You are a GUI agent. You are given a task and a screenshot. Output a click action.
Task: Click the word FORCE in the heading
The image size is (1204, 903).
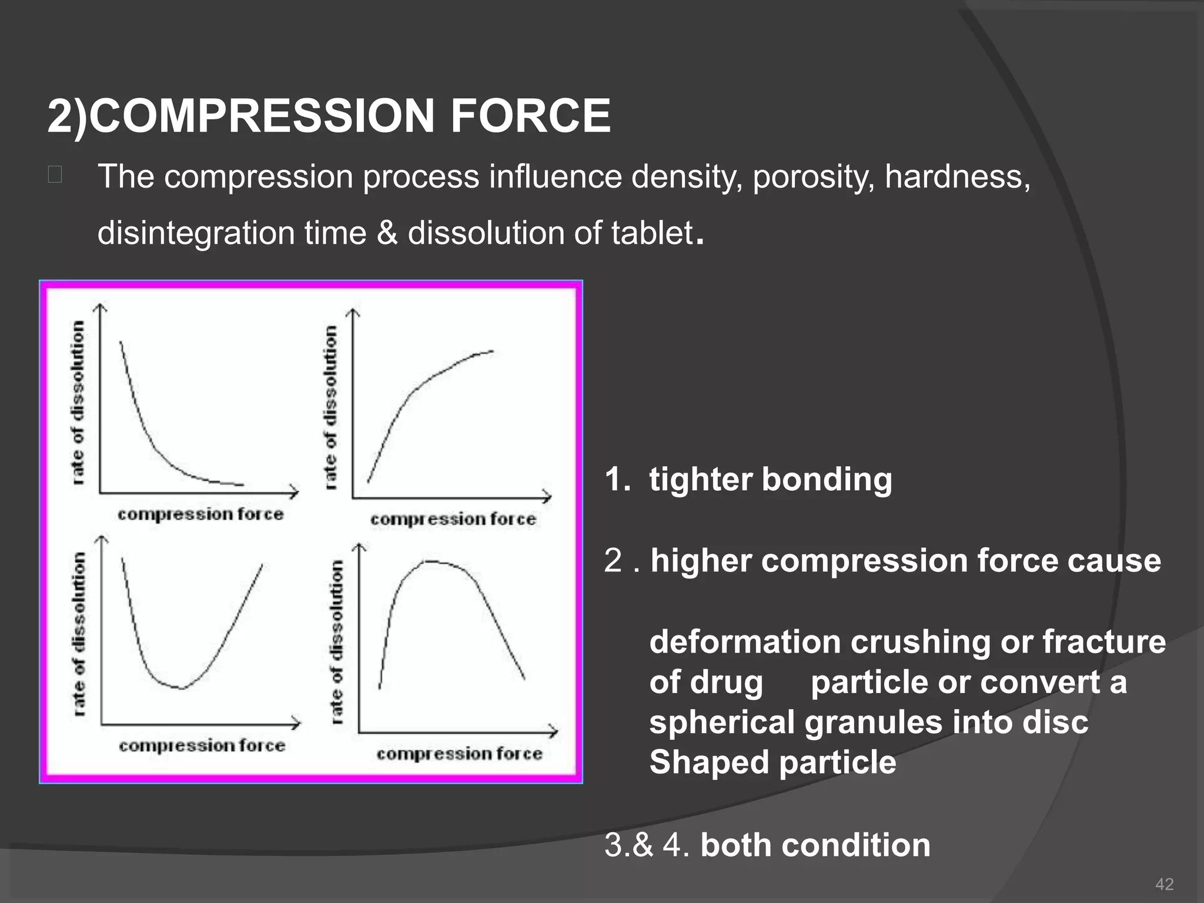530,116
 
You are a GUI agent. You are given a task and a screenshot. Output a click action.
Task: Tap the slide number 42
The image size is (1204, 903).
1164,884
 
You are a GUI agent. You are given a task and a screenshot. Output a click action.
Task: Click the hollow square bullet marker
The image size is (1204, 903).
55,175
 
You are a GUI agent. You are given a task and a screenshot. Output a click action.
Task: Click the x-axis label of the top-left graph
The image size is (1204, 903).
200,514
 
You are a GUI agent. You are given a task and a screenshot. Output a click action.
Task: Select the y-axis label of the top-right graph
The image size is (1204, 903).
331,407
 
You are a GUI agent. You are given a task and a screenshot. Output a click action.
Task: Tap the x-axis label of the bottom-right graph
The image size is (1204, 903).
459,754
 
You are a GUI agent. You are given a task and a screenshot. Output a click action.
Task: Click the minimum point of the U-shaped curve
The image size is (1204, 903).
181,687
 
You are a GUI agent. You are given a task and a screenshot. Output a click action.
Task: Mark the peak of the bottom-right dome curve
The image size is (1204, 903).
432,562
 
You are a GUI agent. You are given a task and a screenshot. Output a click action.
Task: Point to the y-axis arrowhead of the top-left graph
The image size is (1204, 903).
101,307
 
